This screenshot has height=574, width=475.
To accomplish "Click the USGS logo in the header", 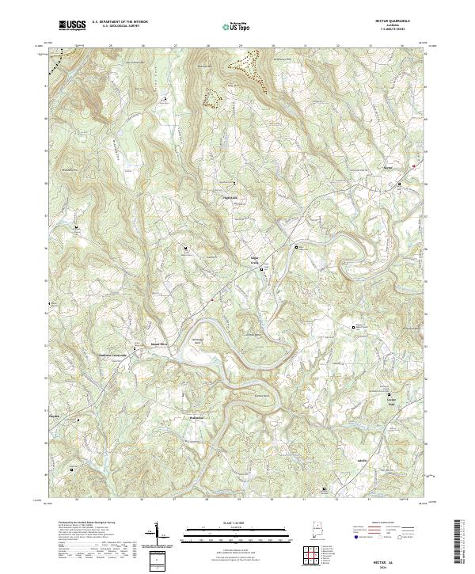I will coord(72,25).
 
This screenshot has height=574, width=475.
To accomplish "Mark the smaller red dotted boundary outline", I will coord(211,96).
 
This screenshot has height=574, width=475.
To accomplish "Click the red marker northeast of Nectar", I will coord(413,165).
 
